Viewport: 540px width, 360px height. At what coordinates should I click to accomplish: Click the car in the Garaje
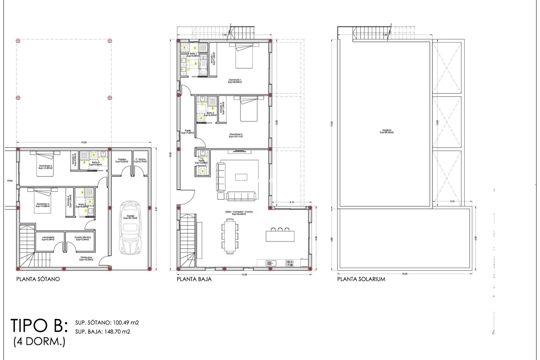click(130, 228)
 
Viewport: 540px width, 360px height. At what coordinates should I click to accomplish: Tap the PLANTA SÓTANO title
click(38, 279)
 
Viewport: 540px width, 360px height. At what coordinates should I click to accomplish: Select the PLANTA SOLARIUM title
click(361, 279)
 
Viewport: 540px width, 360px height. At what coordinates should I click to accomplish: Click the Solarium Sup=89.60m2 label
click(387, 131)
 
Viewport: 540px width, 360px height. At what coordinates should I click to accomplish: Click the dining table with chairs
click(230, 236)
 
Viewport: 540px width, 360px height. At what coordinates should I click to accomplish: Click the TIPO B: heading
click(39, 326)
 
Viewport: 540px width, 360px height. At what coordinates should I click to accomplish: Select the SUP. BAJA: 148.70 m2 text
click(103, 332)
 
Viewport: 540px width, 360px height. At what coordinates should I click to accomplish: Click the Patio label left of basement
click(10, 181)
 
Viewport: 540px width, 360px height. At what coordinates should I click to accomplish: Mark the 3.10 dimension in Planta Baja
click(292, 202)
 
